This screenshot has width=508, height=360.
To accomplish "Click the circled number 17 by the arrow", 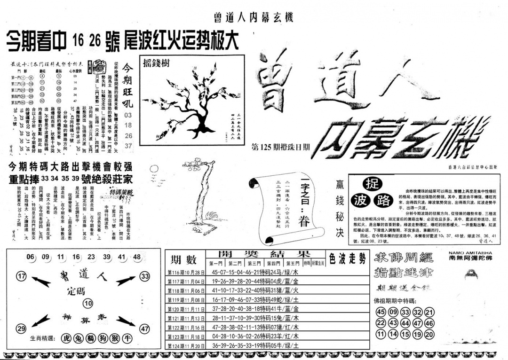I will pos(21,277).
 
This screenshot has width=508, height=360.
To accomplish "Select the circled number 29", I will pos(21,329).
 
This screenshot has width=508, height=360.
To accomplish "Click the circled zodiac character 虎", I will pos(66,339).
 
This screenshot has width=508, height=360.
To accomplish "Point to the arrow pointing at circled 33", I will pos(126,281).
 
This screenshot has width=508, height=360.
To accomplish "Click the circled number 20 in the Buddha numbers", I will pos(429,335).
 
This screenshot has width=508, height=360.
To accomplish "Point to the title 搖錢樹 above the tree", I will pos(155,62).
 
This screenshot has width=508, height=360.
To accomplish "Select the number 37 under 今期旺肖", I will pos(128,146).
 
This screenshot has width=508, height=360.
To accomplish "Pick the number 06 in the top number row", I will pos(31,257).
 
